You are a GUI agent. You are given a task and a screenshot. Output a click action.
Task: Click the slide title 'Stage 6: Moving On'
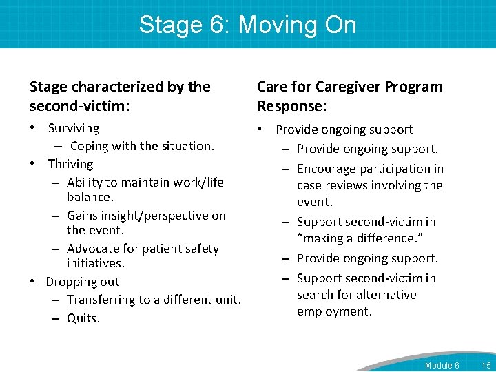tap(248, 25)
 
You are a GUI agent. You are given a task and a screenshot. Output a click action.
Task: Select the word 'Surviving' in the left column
tap(74, 128)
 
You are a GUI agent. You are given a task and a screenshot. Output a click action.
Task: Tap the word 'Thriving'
tap(70, 164)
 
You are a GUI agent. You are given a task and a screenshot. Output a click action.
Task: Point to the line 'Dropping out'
tap(83, 282)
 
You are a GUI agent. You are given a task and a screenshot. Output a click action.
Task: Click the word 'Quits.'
tap(83, 318)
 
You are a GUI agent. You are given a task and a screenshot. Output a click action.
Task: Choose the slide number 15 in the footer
tap(486, 365)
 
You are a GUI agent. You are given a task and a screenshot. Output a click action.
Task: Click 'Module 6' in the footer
tap(442, 365)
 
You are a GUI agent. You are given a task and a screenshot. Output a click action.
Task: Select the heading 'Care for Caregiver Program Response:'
tap(350, 96)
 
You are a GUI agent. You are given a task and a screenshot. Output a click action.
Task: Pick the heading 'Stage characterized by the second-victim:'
tap(120, 96)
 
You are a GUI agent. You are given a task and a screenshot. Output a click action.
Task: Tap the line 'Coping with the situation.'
tap(143, 146)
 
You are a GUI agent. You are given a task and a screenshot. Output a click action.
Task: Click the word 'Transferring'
tap(101, 300)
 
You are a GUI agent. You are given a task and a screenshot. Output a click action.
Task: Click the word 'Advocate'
tap(93, 249)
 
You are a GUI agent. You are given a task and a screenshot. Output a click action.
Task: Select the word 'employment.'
tap(334, 311)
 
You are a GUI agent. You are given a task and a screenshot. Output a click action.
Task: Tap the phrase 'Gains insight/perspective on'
tap(146, 216)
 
